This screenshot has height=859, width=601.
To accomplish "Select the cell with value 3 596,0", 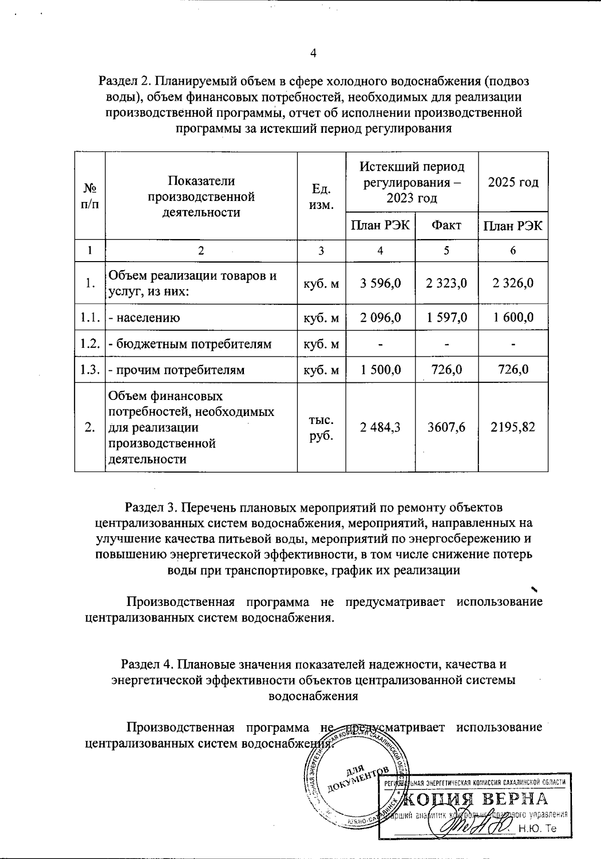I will (x=381, y=283).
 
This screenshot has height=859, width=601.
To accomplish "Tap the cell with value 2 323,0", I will (x=446, y=283).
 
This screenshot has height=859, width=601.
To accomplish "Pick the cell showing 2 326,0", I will (x=513, y=283).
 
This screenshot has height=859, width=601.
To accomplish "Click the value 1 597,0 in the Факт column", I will (x=446, y=317).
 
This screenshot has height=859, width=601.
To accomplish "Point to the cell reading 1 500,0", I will (x=381, y=370).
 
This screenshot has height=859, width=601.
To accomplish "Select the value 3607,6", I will (x=446, y=427).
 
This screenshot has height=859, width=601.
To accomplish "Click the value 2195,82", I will (x=513, y=427).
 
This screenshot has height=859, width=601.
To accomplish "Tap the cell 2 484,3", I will (x=381, y=427).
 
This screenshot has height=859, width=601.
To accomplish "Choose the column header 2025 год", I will (x=513, y=182).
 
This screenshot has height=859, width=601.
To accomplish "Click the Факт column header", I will (x=446, y=226).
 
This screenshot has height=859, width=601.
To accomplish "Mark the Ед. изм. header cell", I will (x=322, y=196).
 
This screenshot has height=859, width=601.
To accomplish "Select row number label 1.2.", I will (x=90, y=344).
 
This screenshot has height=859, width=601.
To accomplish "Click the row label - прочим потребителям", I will (x=177, y=370).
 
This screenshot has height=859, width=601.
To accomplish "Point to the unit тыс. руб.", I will (x=322, y=427).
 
